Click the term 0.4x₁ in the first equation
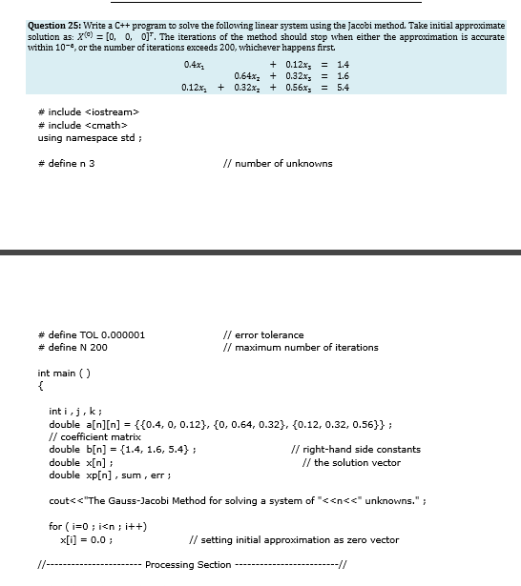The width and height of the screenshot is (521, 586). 194,63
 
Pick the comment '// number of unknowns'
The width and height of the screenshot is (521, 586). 277,163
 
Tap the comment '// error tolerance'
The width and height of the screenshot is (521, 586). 262,334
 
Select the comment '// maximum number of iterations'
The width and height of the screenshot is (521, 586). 300,347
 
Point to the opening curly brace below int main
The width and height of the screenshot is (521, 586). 40,386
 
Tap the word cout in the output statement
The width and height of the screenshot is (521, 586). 59,500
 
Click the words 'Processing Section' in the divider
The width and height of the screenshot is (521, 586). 188,565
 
